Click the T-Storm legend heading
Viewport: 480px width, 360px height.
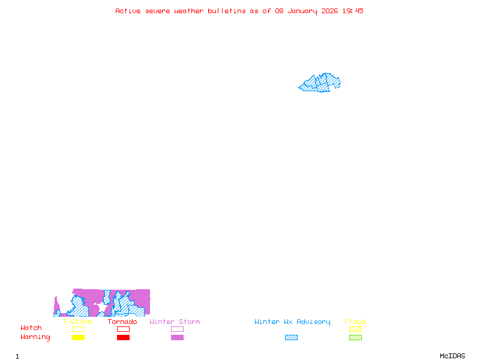click(77, 322)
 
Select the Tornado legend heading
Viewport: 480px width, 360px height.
click(122, 322)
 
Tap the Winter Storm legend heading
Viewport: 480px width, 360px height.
click(175, 322)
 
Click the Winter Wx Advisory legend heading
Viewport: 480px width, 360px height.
click(292, 322)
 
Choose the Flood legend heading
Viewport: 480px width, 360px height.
click(355, 322)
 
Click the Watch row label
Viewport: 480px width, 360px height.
click(31, 328)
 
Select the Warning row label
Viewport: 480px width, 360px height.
click(35, 337)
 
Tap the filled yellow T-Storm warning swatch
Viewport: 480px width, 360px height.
click(78, 338)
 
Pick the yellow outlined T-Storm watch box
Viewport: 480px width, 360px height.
click(78, 329)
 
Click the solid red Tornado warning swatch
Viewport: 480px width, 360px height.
click(123, 338)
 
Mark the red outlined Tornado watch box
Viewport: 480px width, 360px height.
click(123, 329)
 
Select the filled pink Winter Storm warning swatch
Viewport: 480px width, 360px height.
click(177, 338)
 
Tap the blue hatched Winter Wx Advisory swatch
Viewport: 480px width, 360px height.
click(291, 338)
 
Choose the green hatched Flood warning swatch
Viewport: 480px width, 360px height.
click(355, 338)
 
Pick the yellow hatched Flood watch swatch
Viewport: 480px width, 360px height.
click(355, 329)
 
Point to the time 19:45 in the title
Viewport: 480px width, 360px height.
click(353, 11)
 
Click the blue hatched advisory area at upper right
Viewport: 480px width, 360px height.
click(321, 83)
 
